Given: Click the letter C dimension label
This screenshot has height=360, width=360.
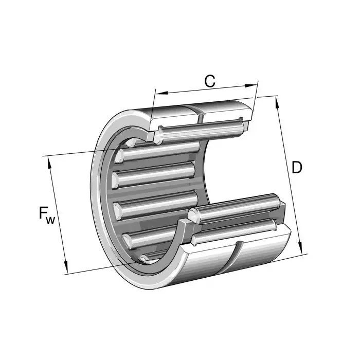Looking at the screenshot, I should [209, 81].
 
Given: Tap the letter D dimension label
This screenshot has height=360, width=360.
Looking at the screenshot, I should [297, 167].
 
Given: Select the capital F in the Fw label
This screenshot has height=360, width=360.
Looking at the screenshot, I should [43, 213].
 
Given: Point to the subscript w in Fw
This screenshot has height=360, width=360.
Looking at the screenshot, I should [50, 220].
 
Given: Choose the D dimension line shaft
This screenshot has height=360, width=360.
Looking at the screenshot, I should [290, 175].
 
